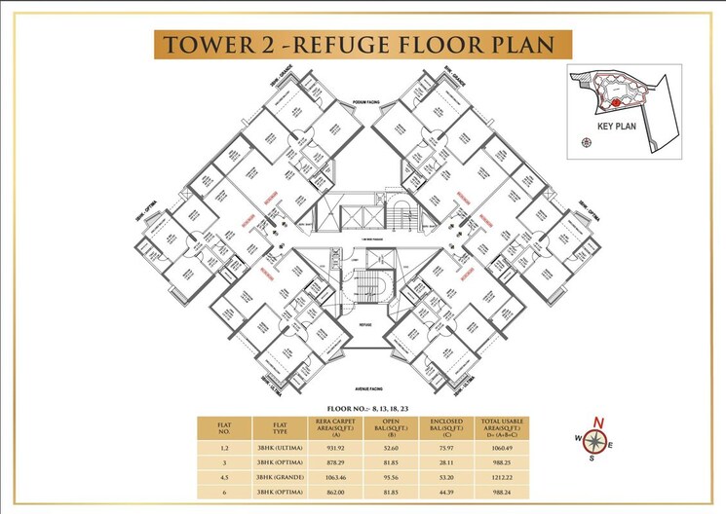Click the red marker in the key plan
click(x=615, y=102)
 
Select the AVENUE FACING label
click(x=363, y=386)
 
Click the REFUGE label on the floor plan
click(x=365, y=323)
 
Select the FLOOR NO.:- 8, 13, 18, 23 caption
click(x=363, y=409)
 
